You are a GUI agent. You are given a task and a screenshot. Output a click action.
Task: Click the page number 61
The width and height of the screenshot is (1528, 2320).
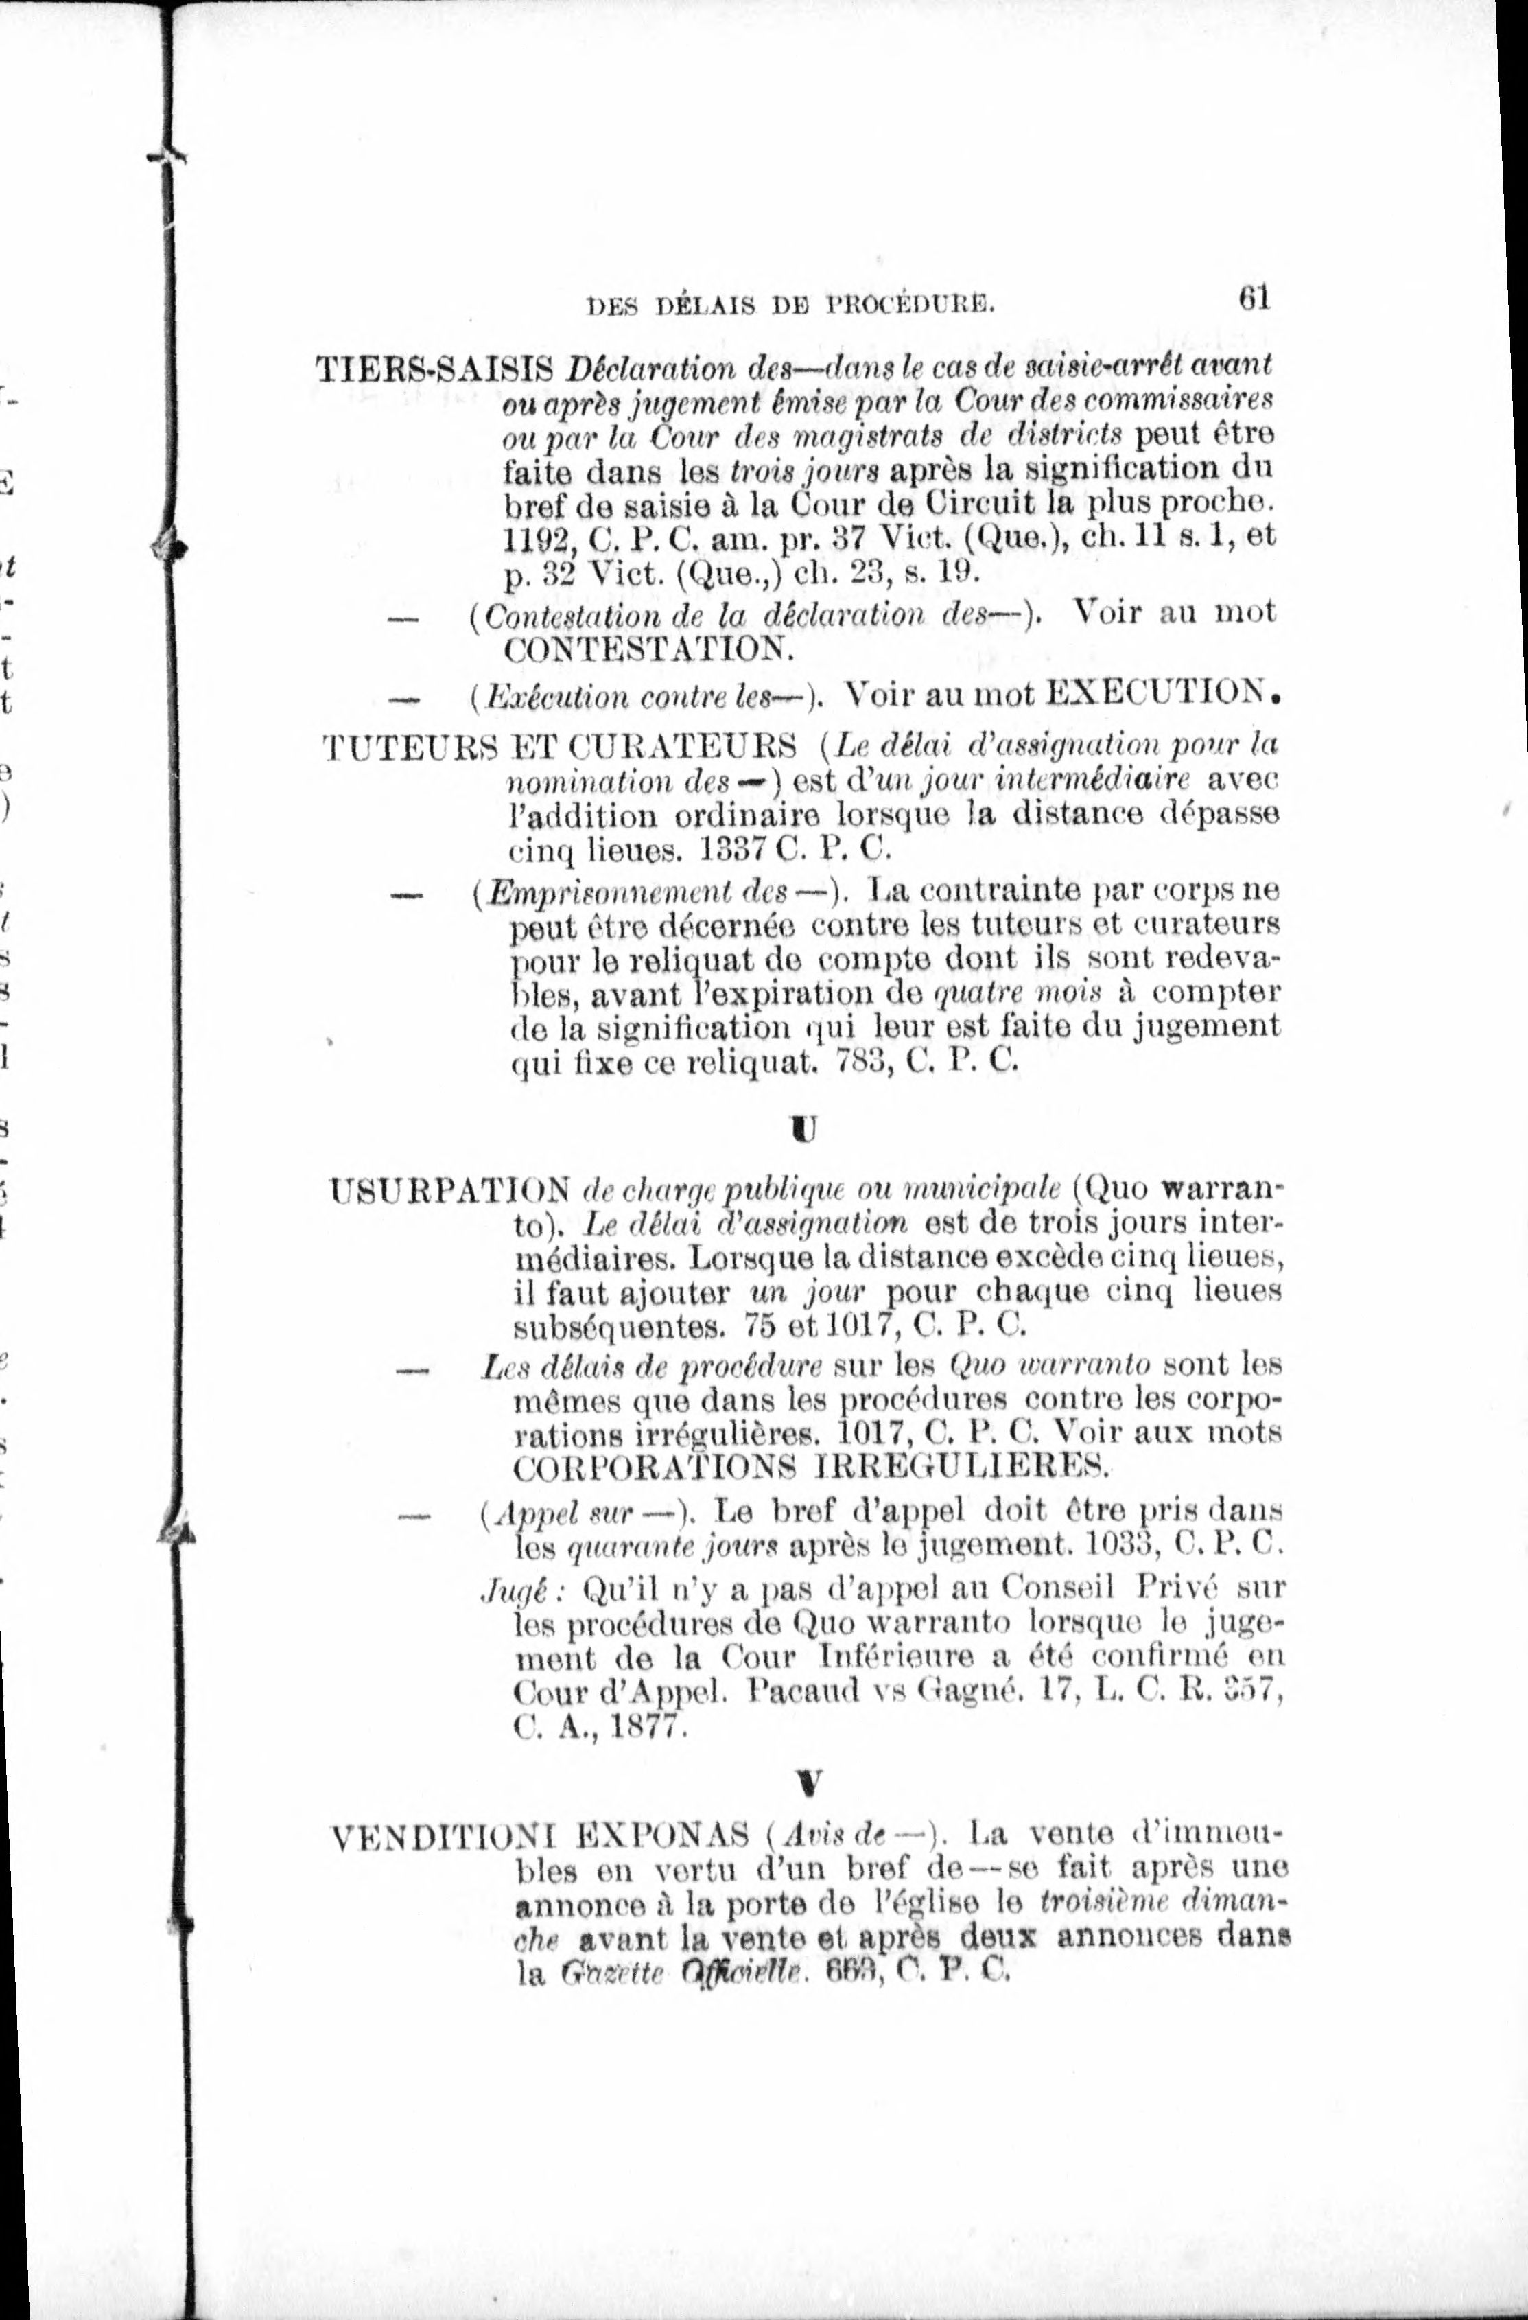1254,297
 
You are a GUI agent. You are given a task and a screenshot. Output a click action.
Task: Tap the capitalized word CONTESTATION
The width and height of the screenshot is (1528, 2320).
649,648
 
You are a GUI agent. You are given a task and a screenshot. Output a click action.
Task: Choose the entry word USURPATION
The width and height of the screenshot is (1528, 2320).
450,1190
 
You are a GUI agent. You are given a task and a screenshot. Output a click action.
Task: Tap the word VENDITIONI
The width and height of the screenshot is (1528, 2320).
443,1837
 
